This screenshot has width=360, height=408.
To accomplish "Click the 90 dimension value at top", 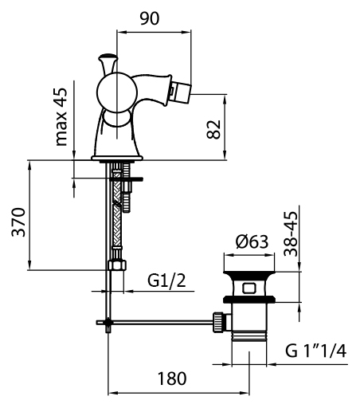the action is pos(150,19).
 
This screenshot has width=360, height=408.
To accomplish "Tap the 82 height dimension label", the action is pos(213,130).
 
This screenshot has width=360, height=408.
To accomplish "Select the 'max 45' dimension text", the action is pos(61,117).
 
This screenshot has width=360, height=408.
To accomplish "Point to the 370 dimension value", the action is pos(19,222).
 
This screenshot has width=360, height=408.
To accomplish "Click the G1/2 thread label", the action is pos(166,280).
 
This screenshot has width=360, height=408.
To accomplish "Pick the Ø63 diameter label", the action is pos(252,242).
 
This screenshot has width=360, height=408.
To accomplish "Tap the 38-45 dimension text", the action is pos(291,233).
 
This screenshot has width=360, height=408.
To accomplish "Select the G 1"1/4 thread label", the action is pos(315,351).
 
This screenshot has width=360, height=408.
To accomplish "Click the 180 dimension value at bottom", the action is pos(172,379).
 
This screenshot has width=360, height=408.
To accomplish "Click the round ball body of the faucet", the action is pos(117,92).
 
